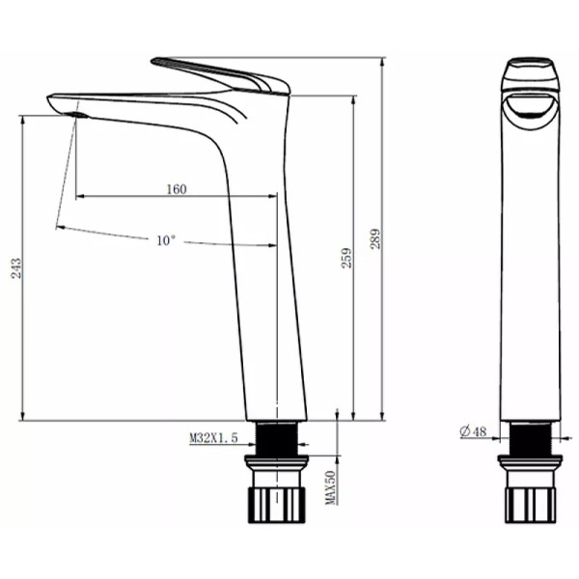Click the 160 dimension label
(177, 189)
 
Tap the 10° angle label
(165, 240)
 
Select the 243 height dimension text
(15, 268)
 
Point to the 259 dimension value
(346, 258)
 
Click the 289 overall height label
(374, 239)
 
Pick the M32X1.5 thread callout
(214, 438)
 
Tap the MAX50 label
(330, 487)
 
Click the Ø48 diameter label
(473, 431)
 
